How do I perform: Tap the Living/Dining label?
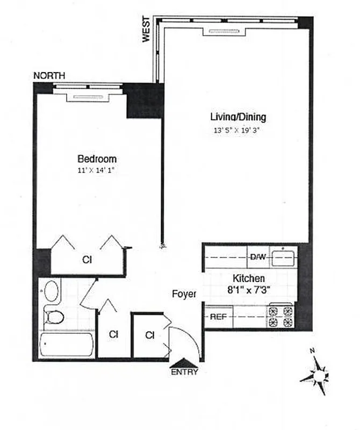click(x=238, y=117)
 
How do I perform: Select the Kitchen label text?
click(x=248, y=278)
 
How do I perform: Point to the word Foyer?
click(x=184, y=294)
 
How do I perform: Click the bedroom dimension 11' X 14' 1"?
click(x=97, y=171)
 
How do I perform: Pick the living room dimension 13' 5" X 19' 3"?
click(x=237, y=130)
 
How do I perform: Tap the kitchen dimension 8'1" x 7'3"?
click(x=248, y=289)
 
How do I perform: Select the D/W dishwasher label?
click(x=257, y=256)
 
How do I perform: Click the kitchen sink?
click(x=283, y=257)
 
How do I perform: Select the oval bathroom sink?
click(x=52, y=291)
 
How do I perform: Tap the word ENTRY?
click(x=184, y=372)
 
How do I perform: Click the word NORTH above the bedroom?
click(x=49, y=76)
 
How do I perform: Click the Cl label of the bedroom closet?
click(x=87, y=260)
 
